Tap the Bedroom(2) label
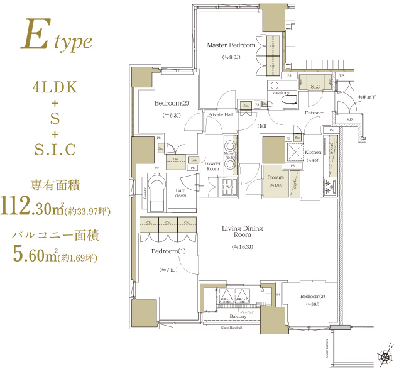tap(172, 103)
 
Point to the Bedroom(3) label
tap(312, 296)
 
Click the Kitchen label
tap(313, 153)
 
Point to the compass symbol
tap(384, 357)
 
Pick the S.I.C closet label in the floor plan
tap(315, 86)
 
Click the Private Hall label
tap(221, 115)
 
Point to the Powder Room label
tap(212, 167)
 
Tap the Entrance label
tap(314, 113)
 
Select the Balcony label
tap(237, 316)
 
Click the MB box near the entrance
tap(349, 119)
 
